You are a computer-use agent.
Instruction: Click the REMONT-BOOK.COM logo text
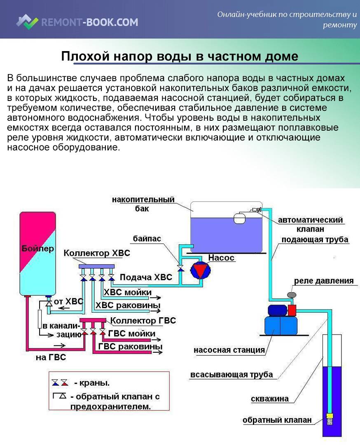tap(89, 22)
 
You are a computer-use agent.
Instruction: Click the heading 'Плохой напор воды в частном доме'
tap(180, 56)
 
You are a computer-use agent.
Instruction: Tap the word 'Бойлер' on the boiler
tap(37, 248)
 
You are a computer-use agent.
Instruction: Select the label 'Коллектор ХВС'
tap(96, 253)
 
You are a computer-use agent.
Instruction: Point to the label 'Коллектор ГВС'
tap(143, 320)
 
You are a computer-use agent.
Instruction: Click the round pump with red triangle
tap(200, 271)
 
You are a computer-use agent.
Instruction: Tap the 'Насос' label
tap(221, 258)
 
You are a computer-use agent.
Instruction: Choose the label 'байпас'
tap(147, 239)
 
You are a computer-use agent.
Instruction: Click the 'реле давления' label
tap(323, 281)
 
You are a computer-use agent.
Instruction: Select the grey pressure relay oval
tap(292, 295)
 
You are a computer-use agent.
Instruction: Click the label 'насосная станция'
tap(229, 350)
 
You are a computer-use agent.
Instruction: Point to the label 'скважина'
tap(269, 399)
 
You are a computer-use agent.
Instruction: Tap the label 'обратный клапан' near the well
tap(277, 420)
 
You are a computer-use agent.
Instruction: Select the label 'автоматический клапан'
tap(310, 225)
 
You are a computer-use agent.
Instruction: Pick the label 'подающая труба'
tap(315, 240)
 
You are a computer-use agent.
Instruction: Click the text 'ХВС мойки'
tap(127, 293)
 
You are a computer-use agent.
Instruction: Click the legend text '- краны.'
tap(92, 383)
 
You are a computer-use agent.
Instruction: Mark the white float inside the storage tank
tap(239, 218)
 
